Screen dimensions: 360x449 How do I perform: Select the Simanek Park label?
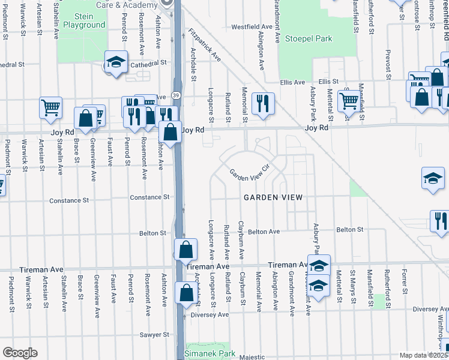[x=210, y=353]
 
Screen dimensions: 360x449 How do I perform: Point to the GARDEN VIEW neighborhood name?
[x=272, y=197]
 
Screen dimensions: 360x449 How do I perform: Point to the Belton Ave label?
[x=264, y=231]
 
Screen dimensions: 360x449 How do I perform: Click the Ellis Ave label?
[x=292, y=82]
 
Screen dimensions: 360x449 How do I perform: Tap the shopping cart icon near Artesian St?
[x=51, y=107]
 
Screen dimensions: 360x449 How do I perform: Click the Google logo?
[x=20, y=353]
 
